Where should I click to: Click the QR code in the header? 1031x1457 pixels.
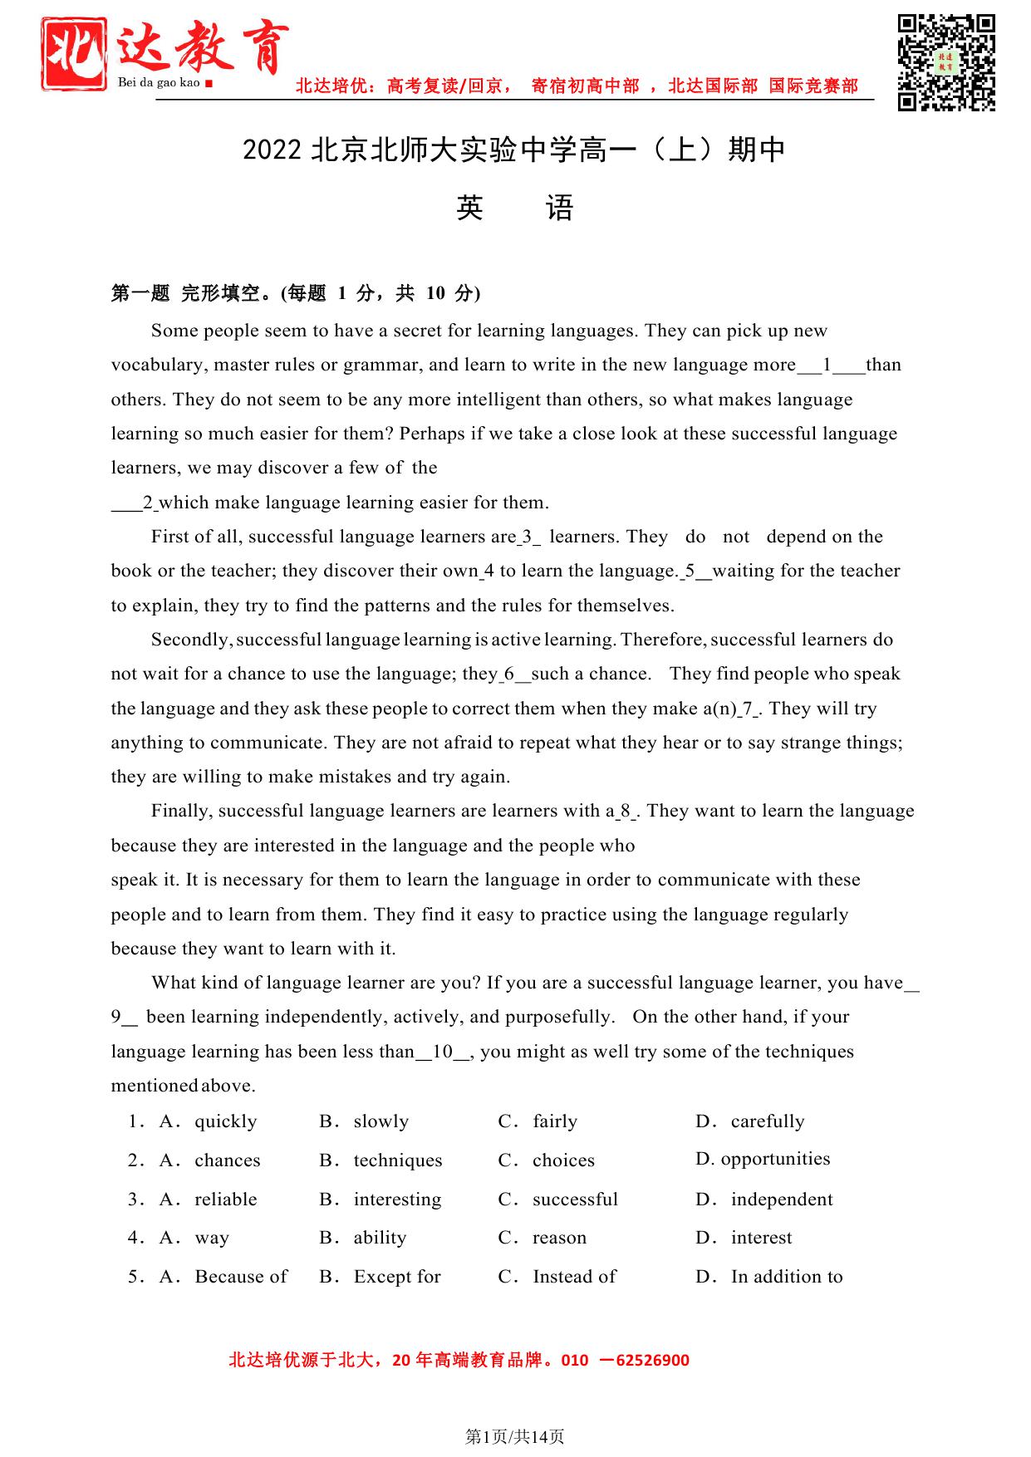point(946,62)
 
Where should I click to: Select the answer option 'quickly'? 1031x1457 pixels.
point(225,1121)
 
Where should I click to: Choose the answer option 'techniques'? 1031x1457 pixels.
point(397,1160)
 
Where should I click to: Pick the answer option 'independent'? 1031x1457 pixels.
point(781,1199)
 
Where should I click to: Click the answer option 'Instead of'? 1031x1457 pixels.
point(574,1277)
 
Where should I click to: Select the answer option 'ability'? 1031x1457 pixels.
point(380,1238)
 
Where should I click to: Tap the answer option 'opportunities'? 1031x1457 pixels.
point(774,1159)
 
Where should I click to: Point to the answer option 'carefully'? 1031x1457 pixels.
point(767,1121)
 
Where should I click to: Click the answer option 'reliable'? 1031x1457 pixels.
point(225,1199)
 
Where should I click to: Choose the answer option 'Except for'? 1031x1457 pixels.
point(396,1277)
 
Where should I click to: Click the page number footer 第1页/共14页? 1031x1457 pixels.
point(514,1436)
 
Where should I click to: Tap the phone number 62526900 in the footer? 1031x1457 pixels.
point(652,1360)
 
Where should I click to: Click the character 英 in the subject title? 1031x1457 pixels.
point(469,208)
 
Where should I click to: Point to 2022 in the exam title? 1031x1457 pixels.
point(272,150)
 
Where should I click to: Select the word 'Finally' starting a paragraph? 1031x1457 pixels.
point(181,811)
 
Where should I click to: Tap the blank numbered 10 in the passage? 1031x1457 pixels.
point(443,1052)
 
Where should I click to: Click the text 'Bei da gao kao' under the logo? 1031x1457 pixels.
point(159,82)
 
